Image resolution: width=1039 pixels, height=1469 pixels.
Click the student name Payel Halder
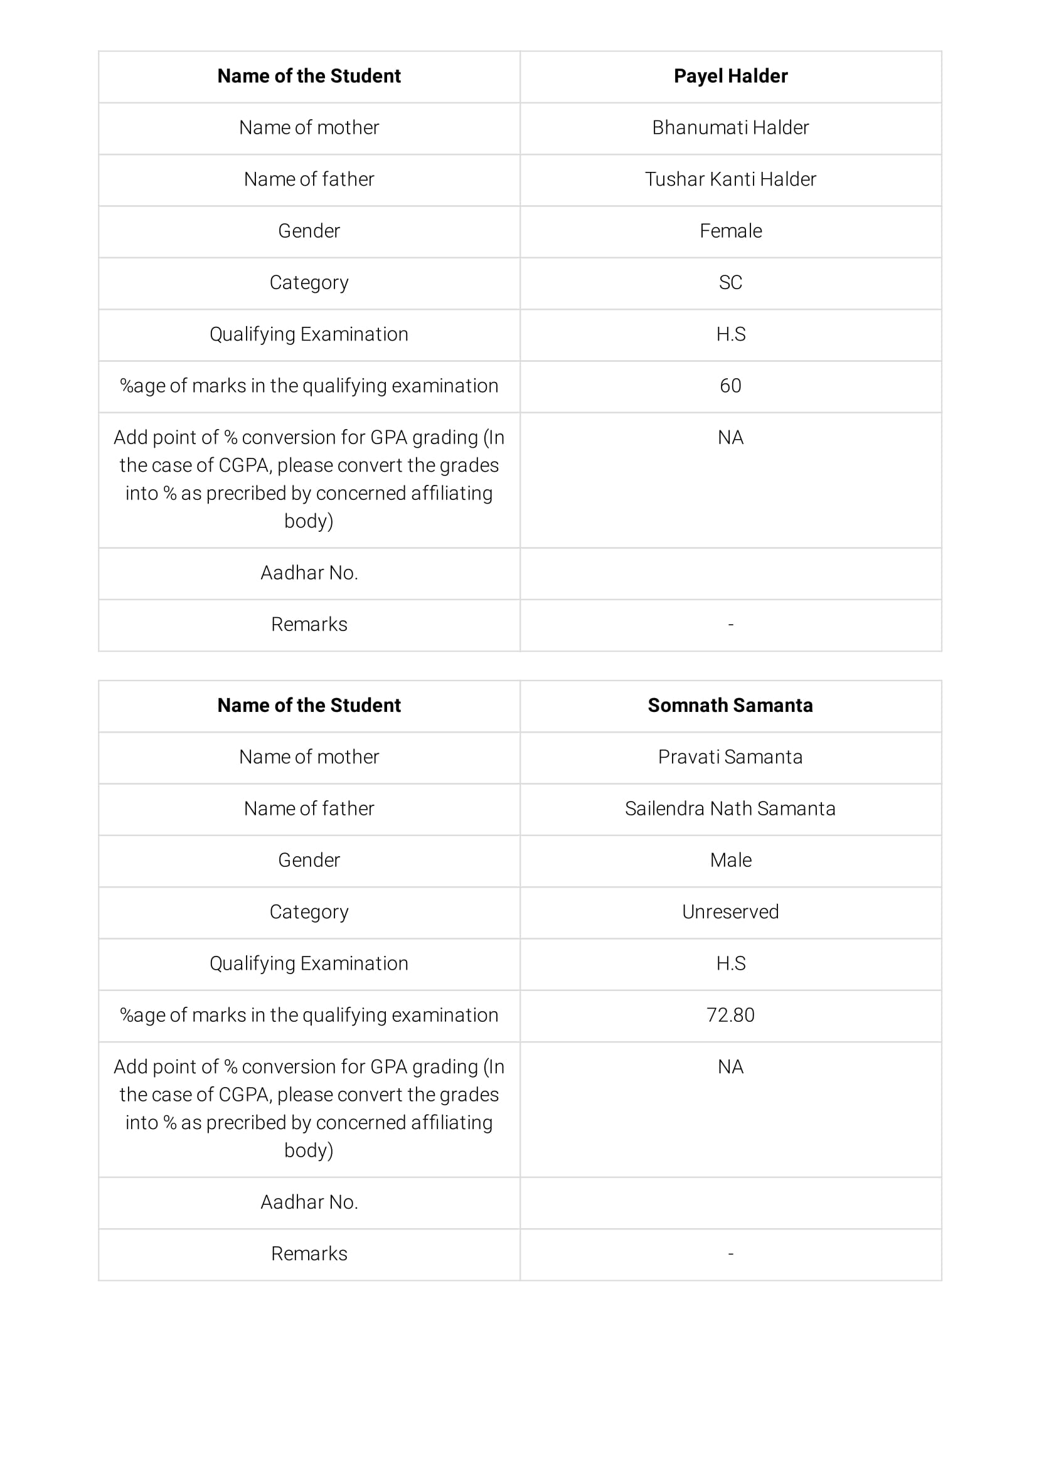(x=730, y=76)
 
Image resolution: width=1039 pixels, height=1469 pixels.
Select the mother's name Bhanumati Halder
(x=730, y=128)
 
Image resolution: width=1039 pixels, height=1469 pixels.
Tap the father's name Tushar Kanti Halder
(x=730, y=179)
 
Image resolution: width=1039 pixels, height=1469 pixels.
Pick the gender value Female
(x=730, y=231)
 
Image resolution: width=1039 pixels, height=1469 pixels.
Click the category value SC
(x=730, y=283)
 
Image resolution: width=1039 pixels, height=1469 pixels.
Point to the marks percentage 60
(x=730, y=386)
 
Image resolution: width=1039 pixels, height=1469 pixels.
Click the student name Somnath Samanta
(x=730, y=706)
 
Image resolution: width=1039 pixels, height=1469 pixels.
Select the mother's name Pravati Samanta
(x=730, y=758)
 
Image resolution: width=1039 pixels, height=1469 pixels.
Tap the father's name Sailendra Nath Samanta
(x=730, y=809)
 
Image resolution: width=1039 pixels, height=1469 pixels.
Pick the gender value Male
(x=730, y=861)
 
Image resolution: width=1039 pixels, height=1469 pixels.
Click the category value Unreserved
(x=730, y=913)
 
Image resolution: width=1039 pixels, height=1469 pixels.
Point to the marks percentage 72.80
(x=730, y=1016)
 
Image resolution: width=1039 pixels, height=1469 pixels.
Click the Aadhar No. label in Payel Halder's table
(x=309, y=573)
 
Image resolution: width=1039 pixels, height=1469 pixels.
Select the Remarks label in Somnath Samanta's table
(x=309, y=1254)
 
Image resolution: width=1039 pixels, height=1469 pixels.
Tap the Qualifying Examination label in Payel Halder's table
(x=309, y=334)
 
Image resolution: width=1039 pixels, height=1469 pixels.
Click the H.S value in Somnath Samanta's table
(x=730, y=963)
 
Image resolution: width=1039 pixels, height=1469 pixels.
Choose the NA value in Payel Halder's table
(x=730, y=438)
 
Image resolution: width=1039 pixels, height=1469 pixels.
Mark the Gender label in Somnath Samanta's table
(x=309, y=861)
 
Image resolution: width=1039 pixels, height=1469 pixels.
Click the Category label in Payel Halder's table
(x=309, y=283)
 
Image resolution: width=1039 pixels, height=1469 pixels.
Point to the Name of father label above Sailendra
(x=309, y=809)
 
